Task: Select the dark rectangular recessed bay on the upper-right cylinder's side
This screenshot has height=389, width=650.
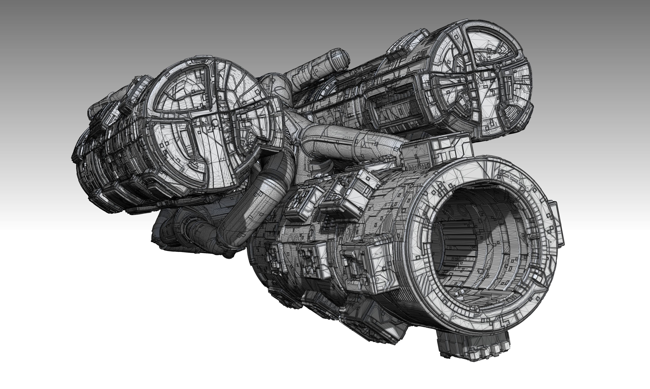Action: pos(394,107)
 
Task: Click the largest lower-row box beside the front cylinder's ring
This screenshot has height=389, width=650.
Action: pos(365,265)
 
